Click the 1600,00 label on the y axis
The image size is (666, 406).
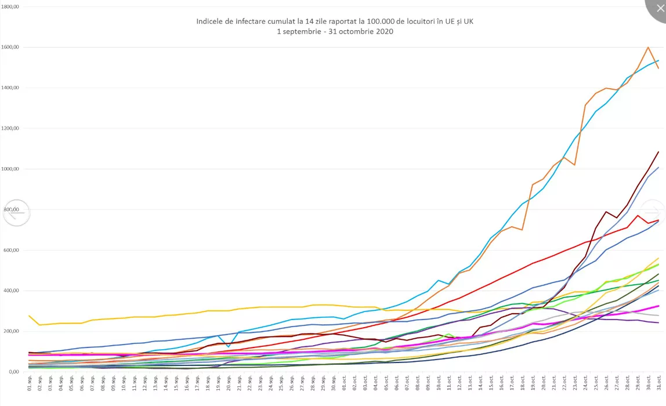10,47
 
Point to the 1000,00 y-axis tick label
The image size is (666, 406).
10,169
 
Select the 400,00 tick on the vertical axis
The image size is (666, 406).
11,291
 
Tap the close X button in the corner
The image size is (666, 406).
659,9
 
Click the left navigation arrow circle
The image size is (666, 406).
17,213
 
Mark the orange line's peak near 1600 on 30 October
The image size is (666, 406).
648,47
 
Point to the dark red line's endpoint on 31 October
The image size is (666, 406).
658,152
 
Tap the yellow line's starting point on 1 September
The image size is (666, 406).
29,316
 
